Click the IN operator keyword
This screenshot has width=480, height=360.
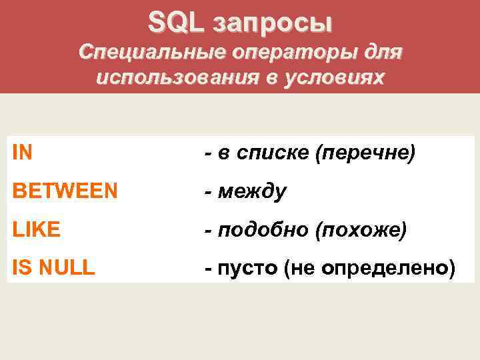click(22, 153)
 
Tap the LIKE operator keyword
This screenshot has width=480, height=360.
click(36, 230)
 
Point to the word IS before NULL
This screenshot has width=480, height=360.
click(21, 268)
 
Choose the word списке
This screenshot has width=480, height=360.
click(276, 154)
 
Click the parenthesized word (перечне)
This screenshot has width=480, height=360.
click(366, 154)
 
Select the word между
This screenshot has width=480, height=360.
click(251, 193)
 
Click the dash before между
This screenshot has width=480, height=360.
click(209, 193)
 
